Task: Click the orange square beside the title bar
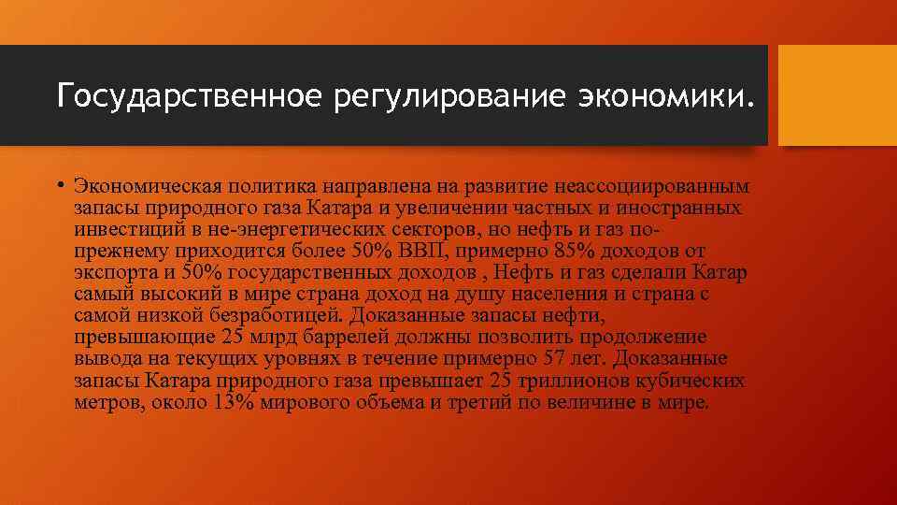837,96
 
